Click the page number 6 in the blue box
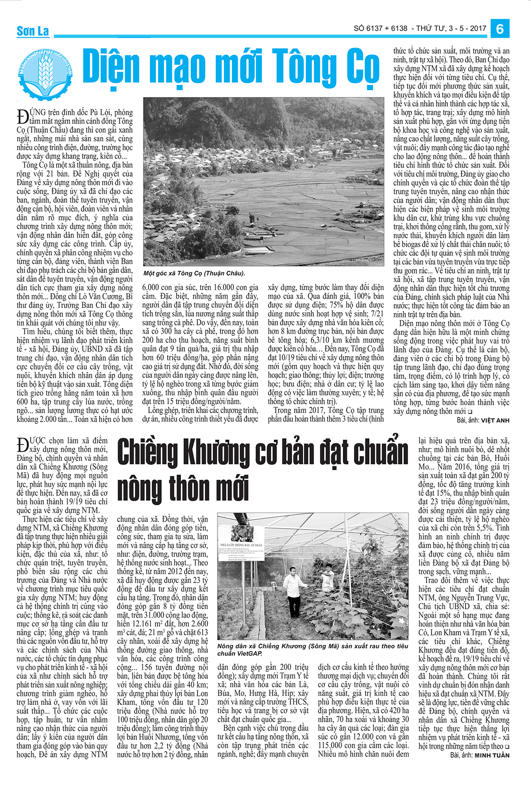coord(500,29)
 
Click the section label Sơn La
coord(33,31)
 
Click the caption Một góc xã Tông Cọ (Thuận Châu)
coord(194,273)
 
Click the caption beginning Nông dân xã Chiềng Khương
coord(312,650)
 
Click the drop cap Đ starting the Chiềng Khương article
coord(22,445)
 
